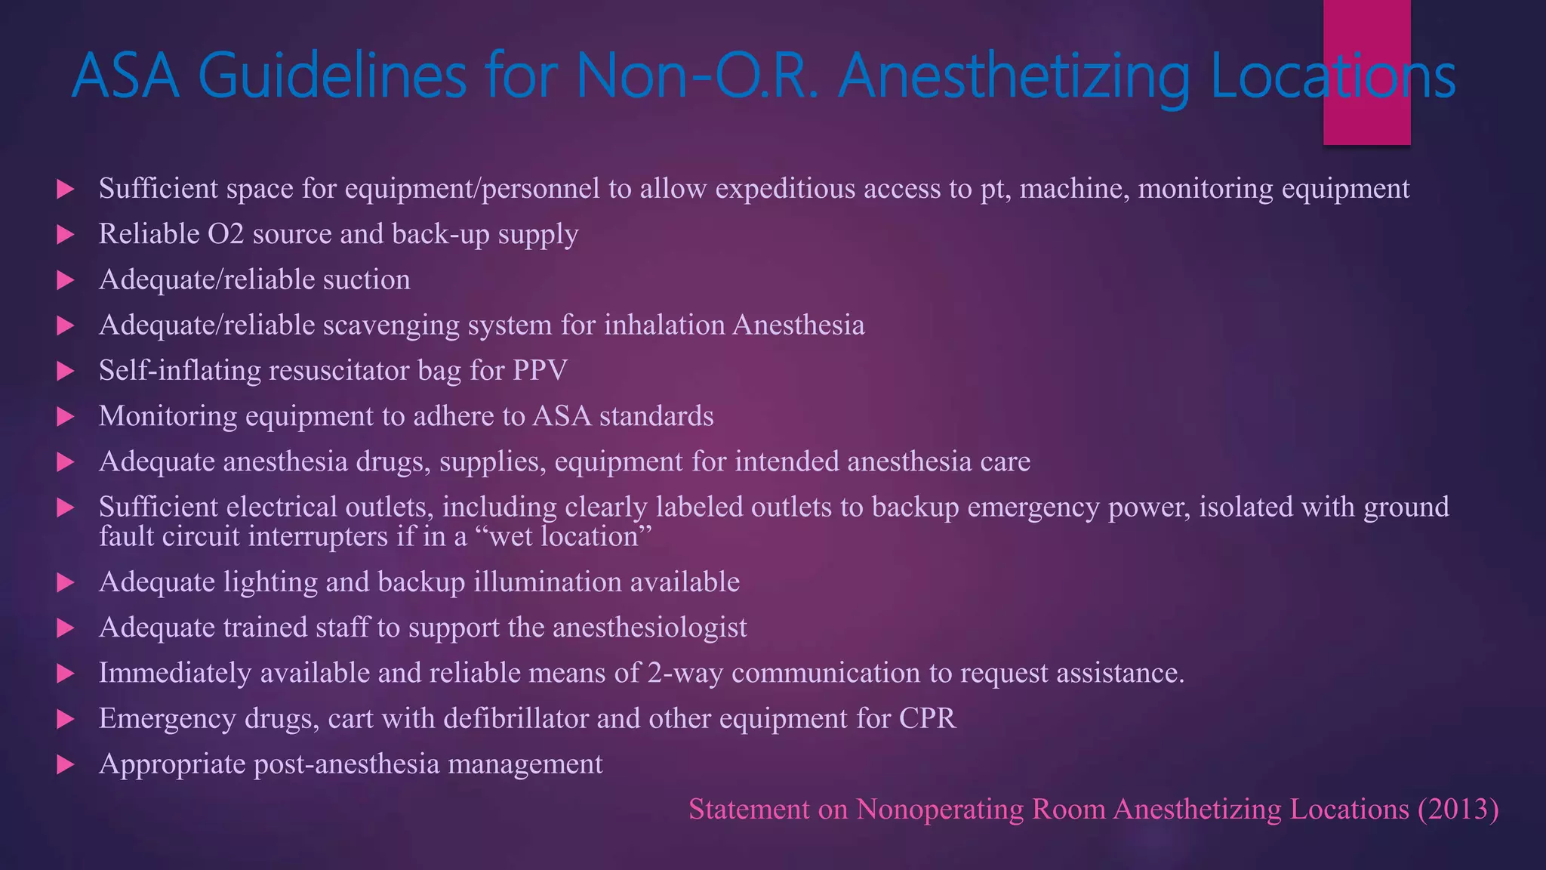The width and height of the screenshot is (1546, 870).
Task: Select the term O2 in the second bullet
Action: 226,234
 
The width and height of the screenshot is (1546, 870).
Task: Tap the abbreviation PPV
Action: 540,371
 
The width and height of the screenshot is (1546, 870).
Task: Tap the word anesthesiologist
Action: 650,628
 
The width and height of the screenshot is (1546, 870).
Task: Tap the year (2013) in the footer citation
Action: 1458,810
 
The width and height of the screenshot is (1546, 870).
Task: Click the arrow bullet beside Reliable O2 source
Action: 66,235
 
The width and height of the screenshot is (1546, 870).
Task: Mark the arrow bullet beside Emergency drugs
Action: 66,719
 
